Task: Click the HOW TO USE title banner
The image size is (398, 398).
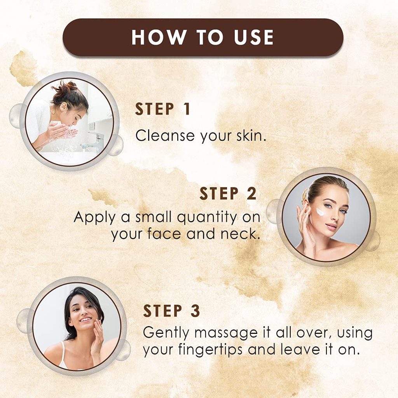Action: pyautogui.click(x=203, y=37)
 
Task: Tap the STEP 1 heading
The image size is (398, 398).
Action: pyautogui.click(x=163, y=110)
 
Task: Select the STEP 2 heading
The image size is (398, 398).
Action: pyautogui.click(x=228, y=194)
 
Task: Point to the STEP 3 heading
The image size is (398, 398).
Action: pyautogui.click(x=171, y=311)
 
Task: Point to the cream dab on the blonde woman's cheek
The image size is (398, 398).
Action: pyautogui.click(x=320, y=212)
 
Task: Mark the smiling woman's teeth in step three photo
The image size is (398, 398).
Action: pyautogui.click(x=85, y=319)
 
